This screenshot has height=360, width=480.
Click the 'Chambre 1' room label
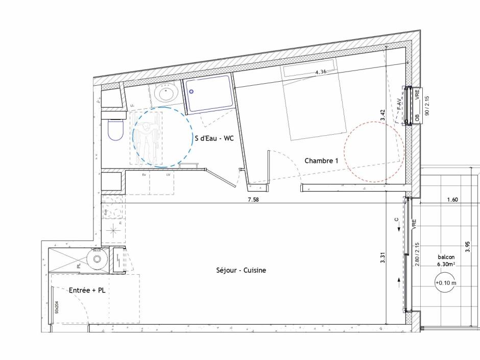coord(321,160)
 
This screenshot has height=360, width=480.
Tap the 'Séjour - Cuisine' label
coord(241,270)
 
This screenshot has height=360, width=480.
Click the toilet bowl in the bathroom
coord(116,130)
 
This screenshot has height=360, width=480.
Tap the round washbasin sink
coord(166,93)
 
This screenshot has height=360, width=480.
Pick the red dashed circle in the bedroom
coord(374,152)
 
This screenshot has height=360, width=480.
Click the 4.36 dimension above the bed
coord(321,72)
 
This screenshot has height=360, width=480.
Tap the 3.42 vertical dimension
coord(382,114)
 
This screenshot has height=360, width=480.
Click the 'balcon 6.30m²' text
coord(446,261)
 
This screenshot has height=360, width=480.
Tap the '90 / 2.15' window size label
coord(427,105)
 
